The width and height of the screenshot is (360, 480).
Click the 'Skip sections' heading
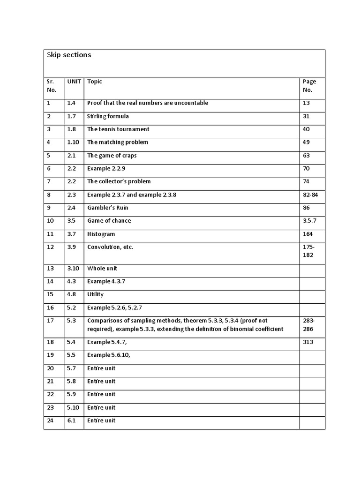coord(69,55)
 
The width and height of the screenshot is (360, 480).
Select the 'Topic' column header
coord(95,82)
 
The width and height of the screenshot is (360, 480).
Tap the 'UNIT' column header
coord(74,82)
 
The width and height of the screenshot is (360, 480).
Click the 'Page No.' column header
coord(309,86)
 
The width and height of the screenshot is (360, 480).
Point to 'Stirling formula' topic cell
coord(108,116)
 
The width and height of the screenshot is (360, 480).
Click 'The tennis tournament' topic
coord(118,129)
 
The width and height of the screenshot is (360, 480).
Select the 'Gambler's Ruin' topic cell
coord(107,208)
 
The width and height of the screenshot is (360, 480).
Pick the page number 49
coord(307,142)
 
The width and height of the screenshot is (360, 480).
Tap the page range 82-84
coord(310,195)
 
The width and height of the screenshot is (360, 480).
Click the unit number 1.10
coord(74,142)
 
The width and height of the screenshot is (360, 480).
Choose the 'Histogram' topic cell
coord(101,234)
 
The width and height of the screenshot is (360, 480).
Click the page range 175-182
coord(309,251)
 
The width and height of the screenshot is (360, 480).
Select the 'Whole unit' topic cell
coord(102,269)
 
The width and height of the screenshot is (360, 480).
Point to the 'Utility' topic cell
coord(95,295)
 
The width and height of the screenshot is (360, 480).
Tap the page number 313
coord(308,342)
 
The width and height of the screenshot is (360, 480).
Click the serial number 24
coord(50,420)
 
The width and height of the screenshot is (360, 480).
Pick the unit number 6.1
coord(71,420)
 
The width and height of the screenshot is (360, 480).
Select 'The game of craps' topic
coord(112,156)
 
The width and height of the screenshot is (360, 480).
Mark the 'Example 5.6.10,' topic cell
coord(108,355)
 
